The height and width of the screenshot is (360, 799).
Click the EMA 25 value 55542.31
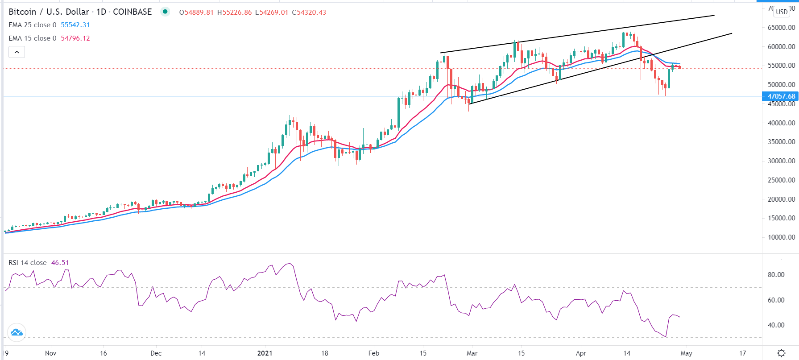pyautogui.click(x=75, y=25)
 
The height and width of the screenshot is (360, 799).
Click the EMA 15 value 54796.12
pyautogui.click(x=75, y=38)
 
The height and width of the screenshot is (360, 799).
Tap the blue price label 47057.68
pyautogui.click(x=780, y=96)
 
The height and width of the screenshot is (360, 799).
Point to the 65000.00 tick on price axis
pyautogui.click(x=781, y=28)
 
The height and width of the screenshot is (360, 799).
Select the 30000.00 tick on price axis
pyautogui.click(x=781, y=161)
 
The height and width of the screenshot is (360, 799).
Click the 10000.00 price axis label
pyautogui.click(x=781, y=237)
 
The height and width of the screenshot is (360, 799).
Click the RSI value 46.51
pyautogui.click(x=60, y=263)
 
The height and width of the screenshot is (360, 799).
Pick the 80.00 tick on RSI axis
pyautogui.click(x=776, y=275)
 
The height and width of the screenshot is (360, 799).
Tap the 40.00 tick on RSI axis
pyautogui.click(x=776, y=325)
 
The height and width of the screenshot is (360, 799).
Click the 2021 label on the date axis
pyautogui.click(x=265, y=353)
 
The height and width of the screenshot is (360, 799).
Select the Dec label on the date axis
pyautogui.click(x=156, y=353)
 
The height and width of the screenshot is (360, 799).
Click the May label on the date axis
pyautogui.click(x=686, y=353)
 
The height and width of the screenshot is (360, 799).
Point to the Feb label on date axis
pyautogui.click(x=373, y=353)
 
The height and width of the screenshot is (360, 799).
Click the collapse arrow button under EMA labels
pyautogui.click(x=17, y=52)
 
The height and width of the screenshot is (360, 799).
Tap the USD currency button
pyautogui.click(x=782, y=12)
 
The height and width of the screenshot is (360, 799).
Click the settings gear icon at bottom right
pyautogui.click(x=781, y=353)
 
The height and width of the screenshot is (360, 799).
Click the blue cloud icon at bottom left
pyautogui.click(x=17, y=332)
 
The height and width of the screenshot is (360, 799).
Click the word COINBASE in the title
pyautogui.click(x=132, y=12)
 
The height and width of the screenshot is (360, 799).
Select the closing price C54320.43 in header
pyautogui.click(x=309, y=12)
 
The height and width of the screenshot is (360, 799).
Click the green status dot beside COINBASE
pyautogui.click(x=165, y=12)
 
